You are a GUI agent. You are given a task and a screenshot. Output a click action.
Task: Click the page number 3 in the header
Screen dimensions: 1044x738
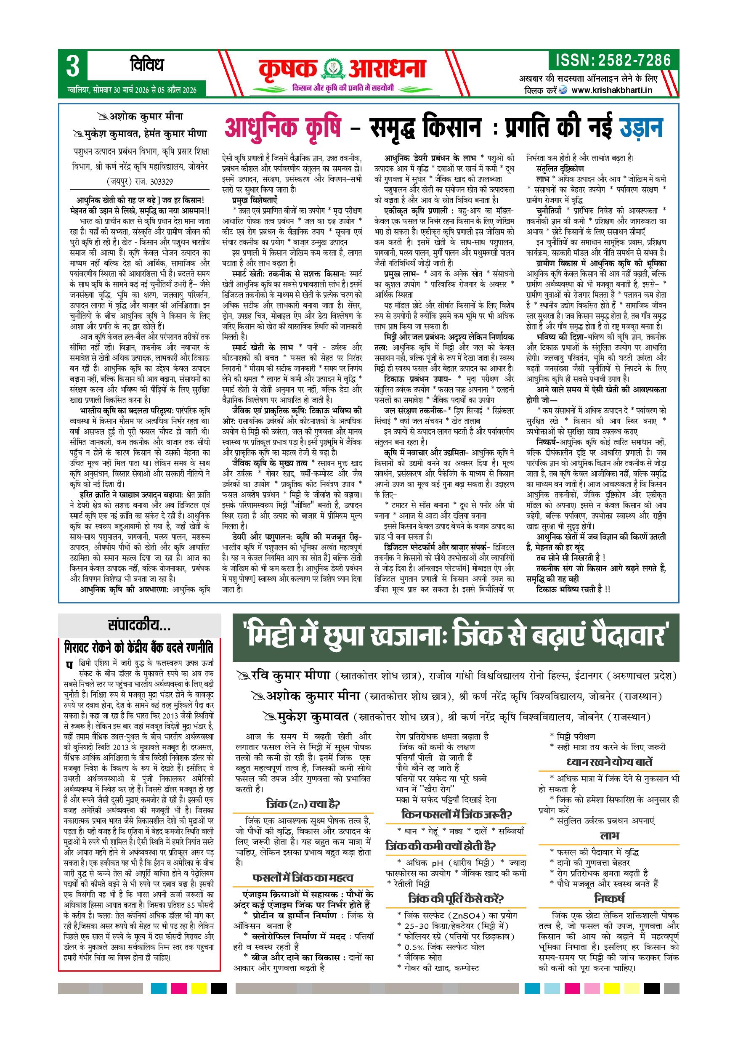[x=73, y=66]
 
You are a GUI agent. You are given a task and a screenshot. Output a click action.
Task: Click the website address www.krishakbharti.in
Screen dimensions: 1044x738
[x=612, y=90]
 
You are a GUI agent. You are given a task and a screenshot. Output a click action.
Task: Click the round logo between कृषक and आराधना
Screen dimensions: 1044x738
[x=333, y=70]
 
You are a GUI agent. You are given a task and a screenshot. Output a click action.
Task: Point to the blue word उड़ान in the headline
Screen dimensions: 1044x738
[x=641, y=128]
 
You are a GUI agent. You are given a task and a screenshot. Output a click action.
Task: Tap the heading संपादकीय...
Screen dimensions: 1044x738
[x=139, y=626]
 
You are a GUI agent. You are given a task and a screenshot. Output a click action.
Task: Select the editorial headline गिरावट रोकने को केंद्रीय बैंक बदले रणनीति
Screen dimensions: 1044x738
[x=139, y=647]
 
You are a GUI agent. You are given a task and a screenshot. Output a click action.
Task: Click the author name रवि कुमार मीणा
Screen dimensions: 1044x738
[x=291, y=675]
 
